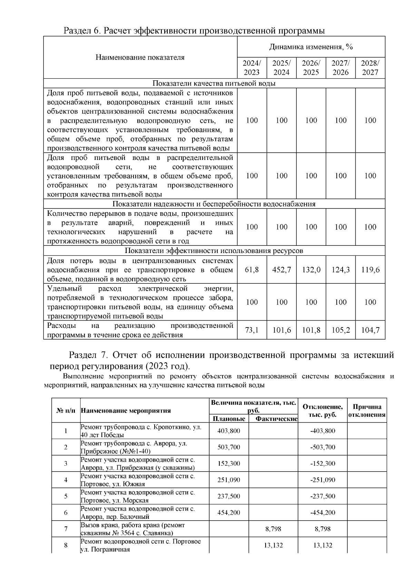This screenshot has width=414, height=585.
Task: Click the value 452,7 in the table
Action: pyautogui.click(x=282, y=270)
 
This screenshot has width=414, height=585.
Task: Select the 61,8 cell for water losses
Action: pyautogui.click(x=252, y=270)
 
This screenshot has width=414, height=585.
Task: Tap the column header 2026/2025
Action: pyautogui.click(x=311, y=68)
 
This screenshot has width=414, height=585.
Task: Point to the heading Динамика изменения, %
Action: pyautogui.click(x=311, y=47)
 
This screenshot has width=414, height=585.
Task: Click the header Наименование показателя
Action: pyautogui.click(x=140, y=57)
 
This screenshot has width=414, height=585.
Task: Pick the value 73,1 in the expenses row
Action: pyautogui.click(x=252, y=330)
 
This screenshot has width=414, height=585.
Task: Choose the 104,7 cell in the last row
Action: pyautogui.click(x=370, y=330)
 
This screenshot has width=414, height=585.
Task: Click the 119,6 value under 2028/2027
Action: pyautogui.click(x=370, y=270)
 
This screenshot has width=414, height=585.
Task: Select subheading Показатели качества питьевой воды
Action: pyautogui.click(x=214, y=83)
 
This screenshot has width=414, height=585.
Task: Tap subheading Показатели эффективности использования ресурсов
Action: pyautogui.click(x=214, y=251)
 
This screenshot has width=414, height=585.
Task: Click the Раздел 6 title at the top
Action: pyautogui.click(x=194, y=31)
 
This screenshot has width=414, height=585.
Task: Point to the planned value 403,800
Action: pyautogui.click(x=229, y=431)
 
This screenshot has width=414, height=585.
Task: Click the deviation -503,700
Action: pyautogui.click(x=323, y=447)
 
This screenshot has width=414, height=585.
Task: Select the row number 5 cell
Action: pyautogui.click(x=66, y=496)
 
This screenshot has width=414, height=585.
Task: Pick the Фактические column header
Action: pyautogui.click(x=276, y=418)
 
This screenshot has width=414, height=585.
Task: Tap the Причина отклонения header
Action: pyautogui.click(x=367, y=411)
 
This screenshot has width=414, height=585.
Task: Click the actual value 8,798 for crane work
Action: pyautogui.click(x=273, y=529)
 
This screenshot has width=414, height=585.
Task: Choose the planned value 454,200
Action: pyautogui.click(x=229, y=513)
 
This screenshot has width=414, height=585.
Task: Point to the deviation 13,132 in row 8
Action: pyautogui.click(x=323, y=545)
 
